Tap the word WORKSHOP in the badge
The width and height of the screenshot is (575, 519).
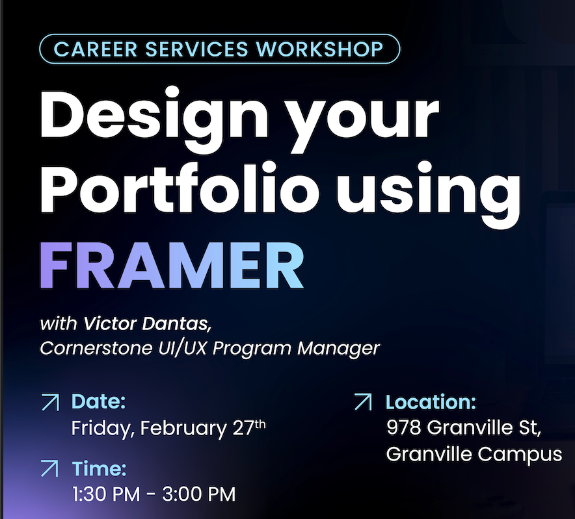pyautogui.click(x=320, y=49)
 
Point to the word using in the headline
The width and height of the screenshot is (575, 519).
pyautogui.click(x=428, y=194)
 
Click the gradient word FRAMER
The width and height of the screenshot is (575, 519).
pyautogui.click(x=172, y=266)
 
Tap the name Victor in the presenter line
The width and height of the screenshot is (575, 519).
pyautogui.click(x=110, y=323)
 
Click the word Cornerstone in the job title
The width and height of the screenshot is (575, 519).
pyautogui.click(x=96, y=348)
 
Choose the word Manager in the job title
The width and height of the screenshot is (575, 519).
pyautogui.click(x=338, y=349)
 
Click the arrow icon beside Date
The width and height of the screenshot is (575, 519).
pyautogui.click(x=50, y=402)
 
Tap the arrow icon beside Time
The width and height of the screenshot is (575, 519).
pyautogui.click(x=49, y=468)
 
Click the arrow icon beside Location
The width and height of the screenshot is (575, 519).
pyautogui.click(x=363, y=402)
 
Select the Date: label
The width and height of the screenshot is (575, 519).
pyautogui.click(x=98, y=401)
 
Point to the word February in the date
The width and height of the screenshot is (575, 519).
pyautogui.click(x=183, y=429)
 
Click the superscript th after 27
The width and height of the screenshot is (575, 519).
pyautogui.click(x=260, y=425)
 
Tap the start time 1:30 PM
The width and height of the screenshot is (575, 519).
pyautogui.click(x=105, y=494)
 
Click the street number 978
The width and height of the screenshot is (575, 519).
pyautogui.click(x=403, y=427)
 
